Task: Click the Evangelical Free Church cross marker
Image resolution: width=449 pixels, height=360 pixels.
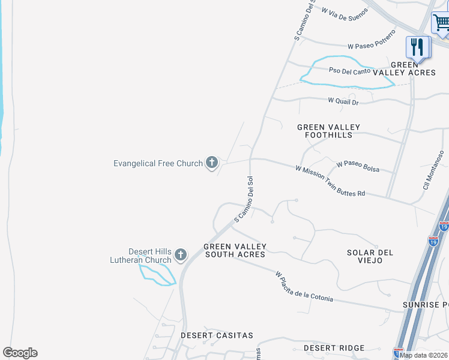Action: pyautogui.click(x=211, y=162)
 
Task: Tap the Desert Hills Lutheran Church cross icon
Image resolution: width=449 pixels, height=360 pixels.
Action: pyautogui.click(x=181, y=255)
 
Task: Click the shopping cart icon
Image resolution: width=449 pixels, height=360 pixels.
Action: pyautogui.click(x=441, y=24)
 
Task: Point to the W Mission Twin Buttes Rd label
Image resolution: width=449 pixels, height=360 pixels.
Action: pyautogui.click(x=330, y=181)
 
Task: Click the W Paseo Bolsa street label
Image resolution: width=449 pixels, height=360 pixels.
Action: pyautogui.click(x=358, y=166)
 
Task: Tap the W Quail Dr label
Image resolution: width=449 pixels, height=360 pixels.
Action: pyautogui.click(x=343, y=102)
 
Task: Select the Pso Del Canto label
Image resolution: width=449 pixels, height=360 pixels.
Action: pyautogui.click(x=349, y=71)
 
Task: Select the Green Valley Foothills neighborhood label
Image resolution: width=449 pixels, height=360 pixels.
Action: pyautogui.click(x=328, y=131)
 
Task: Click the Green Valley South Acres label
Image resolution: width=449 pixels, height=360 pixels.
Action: pyautogui.click(x=235, y=251)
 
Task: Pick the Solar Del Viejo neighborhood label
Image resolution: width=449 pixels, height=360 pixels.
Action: pyautogui.click(x=370, y=256)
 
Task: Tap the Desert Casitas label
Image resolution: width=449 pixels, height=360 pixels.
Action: pyautogui.click(x=217, y=335)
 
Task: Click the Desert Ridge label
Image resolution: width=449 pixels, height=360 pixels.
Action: pyautogui.click(x=334, y=348)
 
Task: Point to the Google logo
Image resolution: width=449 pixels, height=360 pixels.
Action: pyautogui.click(x=20, y=353)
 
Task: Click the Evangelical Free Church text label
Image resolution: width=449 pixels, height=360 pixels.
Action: pyautogui.click(x=158, y=163)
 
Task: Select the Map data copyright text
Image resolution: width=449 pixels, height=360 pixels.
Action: pyautogui.click(x=424, y=355)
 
